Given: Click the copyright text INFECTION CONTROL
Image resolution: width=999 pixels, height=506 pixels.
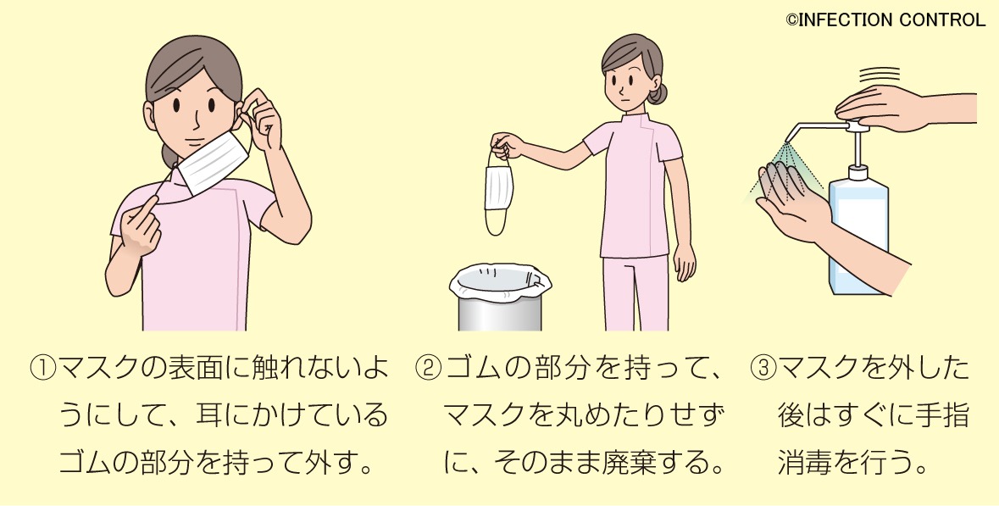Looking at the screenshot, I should point(885,19).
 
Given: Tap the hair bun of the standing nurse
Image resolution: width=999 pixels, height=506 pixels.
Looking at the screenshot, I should point(658,92).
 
